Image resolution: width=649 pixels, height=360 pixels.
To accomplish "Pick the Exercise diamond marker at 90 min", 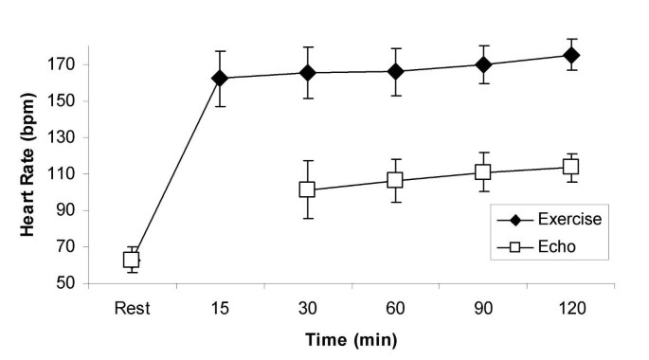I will coord(483,64).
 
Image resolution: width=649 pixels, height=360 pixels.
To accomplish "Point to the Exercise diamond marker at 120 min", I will coord(571,55).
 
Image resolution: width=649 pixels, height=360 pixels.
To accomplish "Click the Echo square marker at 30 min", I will coord(307,189).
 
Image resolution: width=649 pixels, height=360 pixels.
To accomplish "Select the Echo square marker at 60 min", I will coord(395,180).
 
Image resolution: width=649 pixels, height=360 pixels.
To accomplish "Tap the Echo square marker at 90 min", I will coord(483,171).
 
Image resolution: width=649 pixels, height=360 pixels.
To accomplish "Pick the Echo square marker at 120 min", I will coord(571,167).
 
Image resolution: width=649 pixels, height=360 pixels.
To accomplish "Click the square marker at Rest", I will coord(132,259).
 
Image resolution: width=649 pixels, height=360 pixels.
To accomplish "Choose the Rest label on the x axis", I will coord(132,306).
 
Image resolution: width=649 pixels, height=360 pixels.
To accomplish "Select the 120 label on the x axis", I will coord(571,306).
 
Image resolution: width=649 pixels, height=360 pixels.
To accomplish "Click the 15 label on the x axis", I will coord(219,306).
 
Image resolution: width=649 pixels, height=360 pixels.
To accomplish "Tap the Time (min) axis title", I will coord(351,339).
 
